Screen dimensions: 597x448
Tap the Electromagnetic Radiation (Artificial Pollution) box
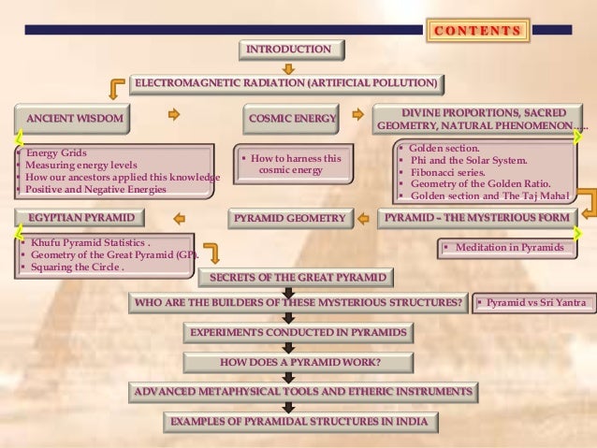pos(285,84)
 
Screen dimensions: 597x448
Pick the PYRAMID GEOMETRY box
pos(289,219)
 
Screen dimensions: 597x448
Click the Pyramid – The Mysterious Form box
pos(477,218)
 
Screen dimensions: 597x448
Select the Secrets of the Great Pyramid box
pos(297,278)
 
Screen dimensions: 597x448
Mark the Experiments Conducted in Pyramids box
pos(298,333)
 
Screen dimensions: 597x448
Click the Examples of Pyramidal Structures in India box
pos(299,422)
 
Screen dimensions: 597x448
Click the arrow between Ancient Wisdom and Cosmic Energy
pos(173,117)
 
